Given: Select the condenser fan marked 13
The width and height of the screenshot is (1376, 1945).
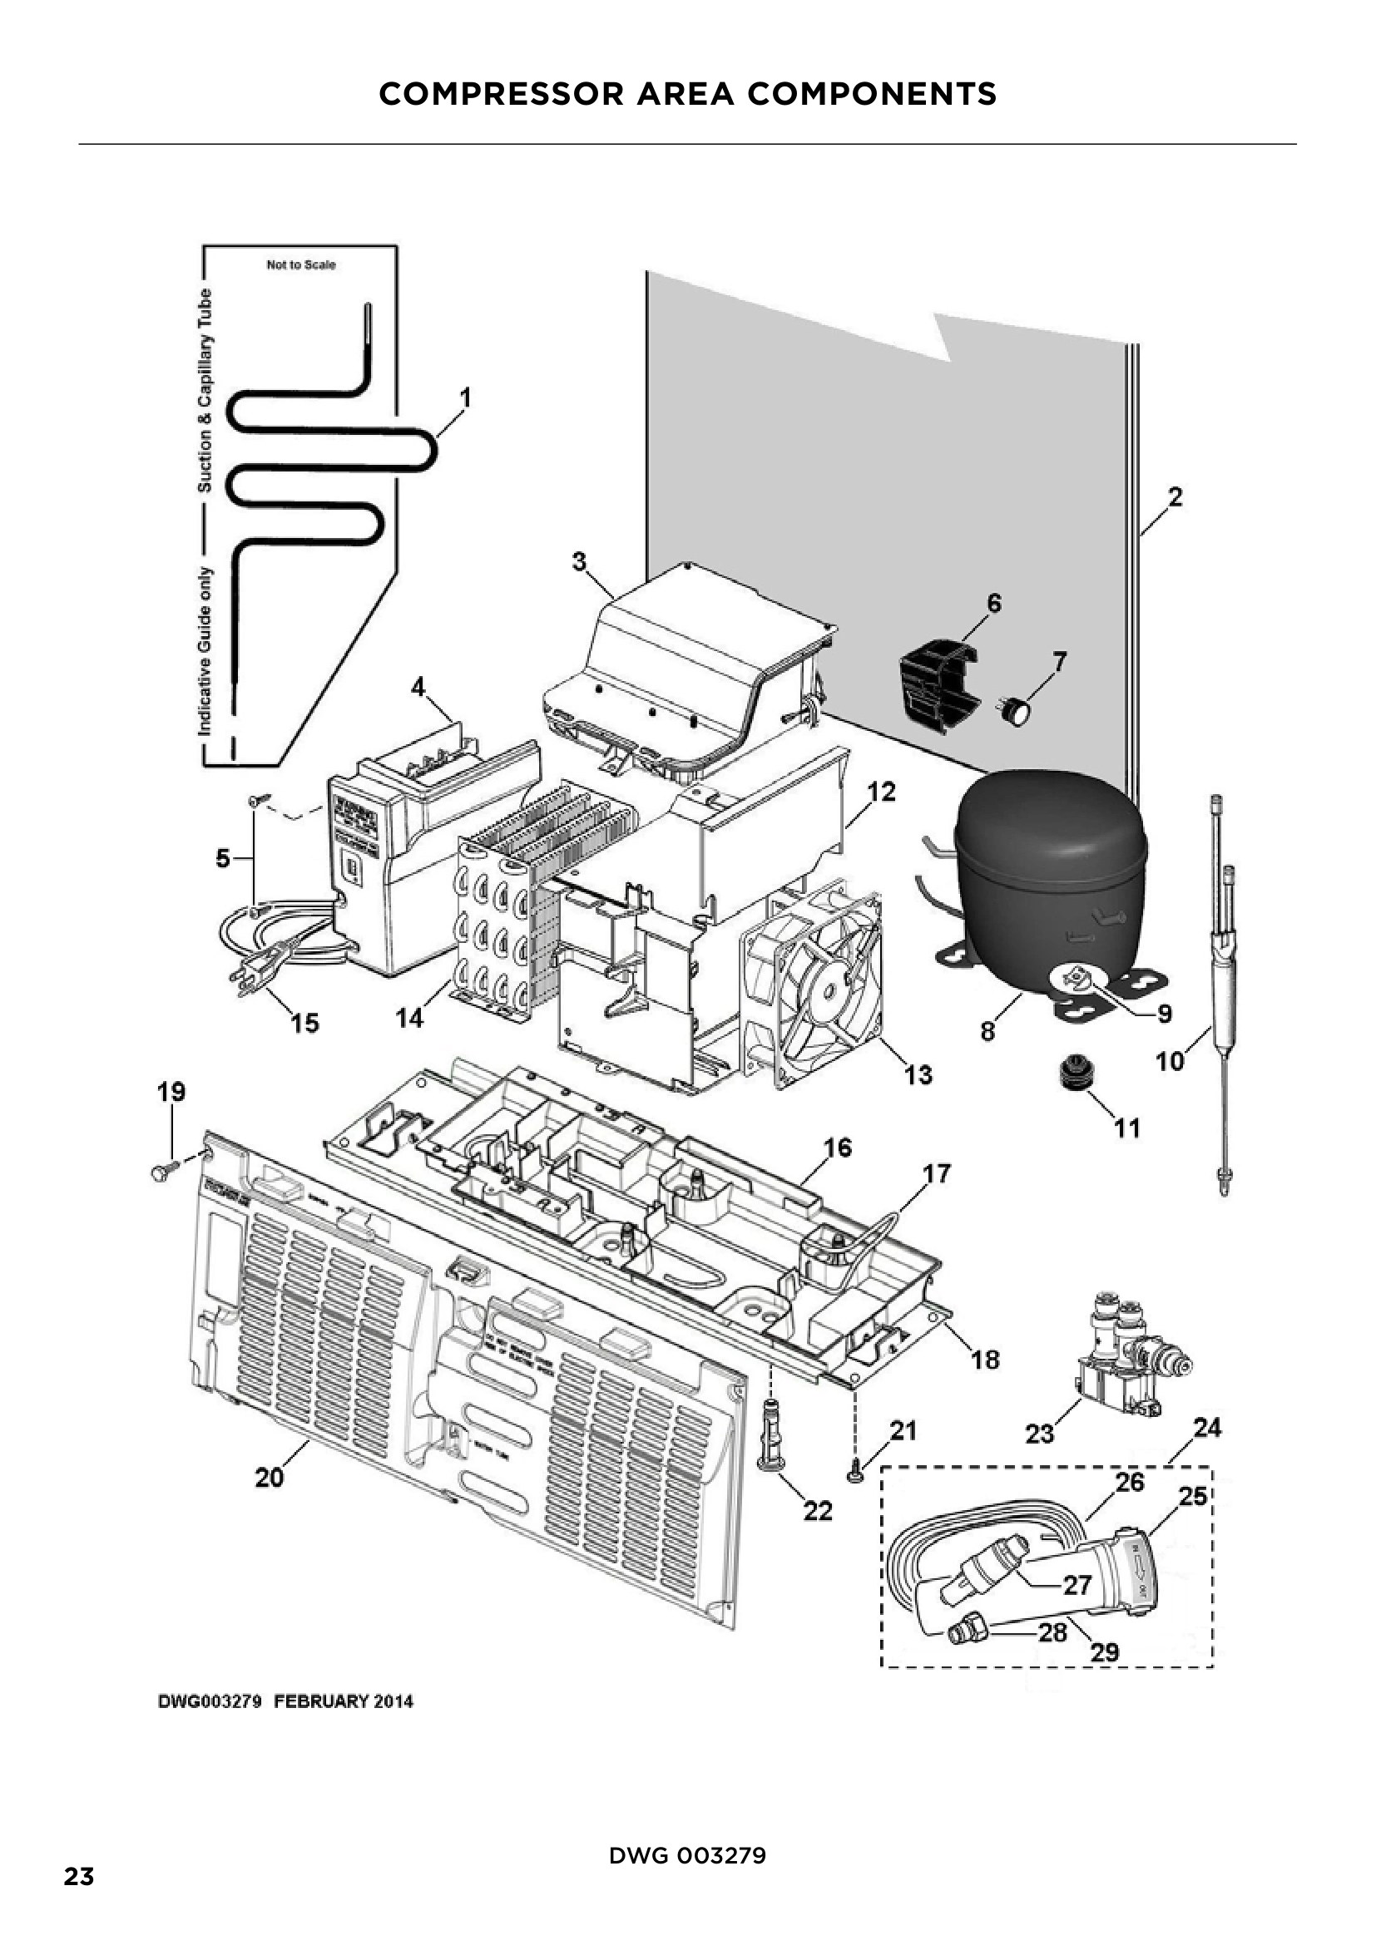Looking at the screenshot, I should coord(814,983).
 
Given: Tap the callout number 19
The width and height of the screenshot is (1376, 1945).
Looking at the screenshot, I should coord(171,1092).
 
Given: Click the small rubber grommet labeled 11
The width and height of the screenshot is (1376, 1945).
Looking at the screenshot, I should coord(1073,1078).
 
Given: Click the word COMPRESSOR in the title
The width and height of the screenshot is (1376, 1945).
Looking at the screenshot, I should coord(502,94).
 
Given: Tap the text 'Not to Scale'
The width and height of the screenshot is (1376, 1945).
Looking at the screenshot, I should coord(301,265).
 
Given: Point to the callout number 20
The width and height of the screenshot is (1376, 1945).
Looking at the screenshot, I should coord(270,1478).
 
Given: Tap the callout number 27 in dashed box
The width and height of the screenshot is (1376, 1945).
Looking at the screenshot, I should coord(1077,1583).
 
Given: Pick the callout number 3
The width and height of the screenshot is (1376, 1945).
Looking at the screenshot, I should coord(579,560).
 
